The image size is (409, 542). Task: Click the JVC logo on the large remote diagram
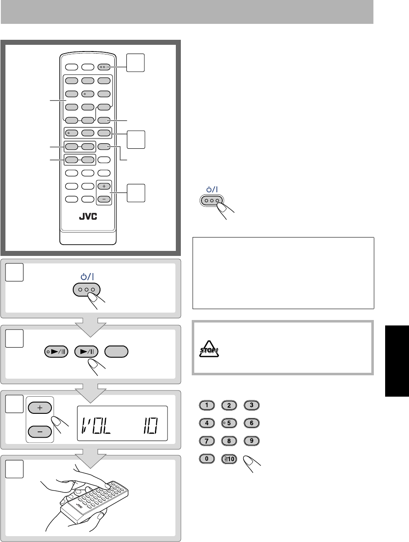88,217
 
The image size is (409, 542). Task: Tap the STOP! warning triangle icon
208,349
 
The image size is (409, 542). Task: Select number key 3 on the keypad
252,405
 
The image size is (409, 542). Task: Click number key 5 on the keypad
229,423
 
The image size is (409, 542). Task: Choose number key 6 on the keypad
252,423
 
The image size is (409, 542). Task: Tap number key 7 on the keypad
207,441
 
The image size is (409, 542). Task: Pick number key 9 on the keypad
252,441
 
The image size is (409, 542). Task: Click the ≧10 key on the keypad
229,459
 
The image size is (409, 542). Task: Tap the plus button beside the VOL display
40,408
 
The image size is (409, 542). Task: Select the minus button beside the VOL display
40,431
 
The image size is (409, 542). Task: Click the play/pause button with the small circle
56,351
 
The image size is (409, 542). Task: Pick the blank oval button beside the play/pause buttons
116,351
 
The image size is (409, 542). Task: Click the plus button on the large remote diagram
104,186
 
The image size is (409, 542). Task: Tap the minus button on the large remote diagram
104,199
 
